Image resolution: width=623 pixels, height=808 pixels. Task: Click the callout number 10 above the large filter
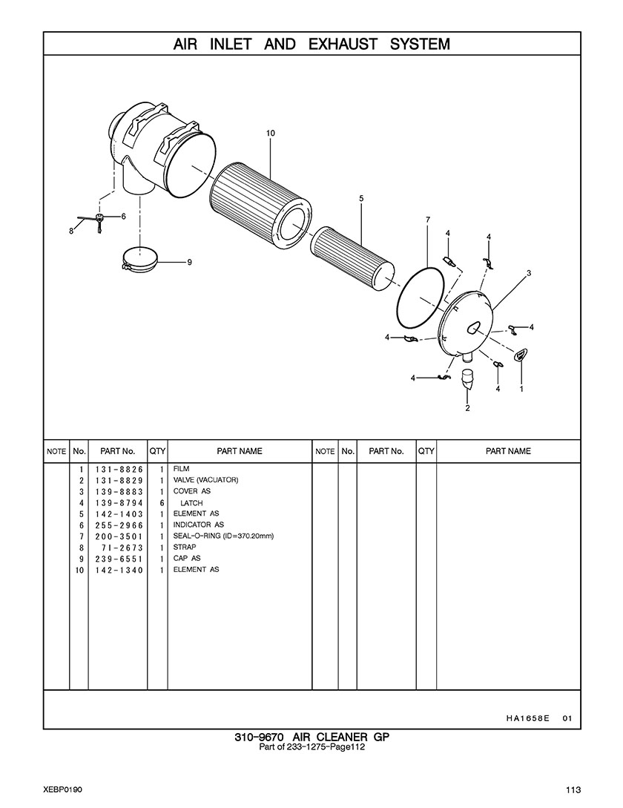click(x=271, y=133)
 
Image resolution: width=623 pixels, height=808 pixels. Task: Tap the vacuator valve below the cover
click(x=467, y=379)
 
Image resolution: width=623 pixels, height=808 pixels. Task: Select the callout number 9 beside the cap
click(x=190, y=263)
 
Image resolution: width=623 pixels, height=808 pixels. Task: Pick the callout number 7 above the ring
click(x=428, y=220)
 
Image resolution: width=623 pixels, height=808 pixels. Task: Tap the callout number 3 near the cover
click(x=530, y=273)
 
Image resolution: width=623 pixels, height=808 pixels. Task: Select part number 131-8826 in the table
click(x=119, y=470)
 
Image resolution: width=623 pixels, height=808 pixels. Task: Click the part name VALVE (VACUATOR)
click(x=205, y=480)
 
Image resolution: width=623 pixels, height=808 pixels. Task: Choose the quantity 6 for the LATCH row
click(x=162, y=503)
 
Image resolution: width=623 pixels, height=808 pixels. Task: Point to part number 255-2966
click(x=119, y=525)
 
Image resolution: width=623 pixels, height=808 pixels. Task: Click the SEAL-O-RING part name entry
click(x=223, y=536)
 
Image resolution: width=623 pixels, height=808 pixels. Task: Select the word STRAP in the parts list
click(x=185, y=548)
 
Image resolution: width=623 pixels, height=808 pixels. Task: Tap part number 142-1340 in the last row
click(x=119, y=571)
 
